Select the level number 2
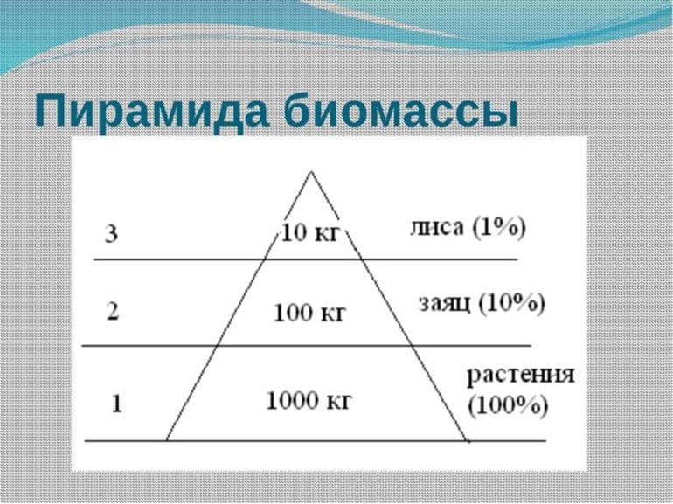pos(111,313)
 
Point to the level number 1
pos(116,404)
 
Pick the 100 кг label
pos(309,313)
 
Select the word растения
pos(520,376)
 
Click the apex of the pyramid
pos(310,172)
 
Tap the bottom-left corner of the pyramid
pos(166,439)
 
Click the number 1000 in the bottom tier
pos(292,401)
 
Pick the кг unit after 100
pos(332,313)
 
